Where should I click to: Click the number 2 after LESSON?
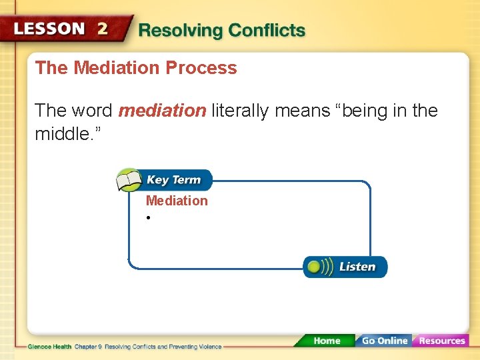(102, 29)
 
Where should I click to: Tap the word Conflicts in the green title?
(267, 31)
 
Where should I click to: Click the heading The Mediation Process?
(136, 68)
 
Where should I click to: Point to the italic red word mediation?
(162, 111)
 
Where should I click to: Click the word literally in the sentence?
(240, 111)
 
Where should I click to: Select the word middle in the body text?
(63, 135)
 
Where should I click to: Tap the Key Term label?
(173, 180)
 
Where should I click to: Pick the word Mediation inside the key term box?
(177, 201)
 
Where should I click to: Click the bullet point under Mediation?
(149, 218)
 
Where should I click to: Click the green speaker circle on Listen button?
(313, 267)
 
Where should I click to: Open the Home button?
(327, 341)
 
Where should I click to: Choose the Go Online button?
(385, 341)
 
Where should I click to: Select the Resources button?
(441, 341)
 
